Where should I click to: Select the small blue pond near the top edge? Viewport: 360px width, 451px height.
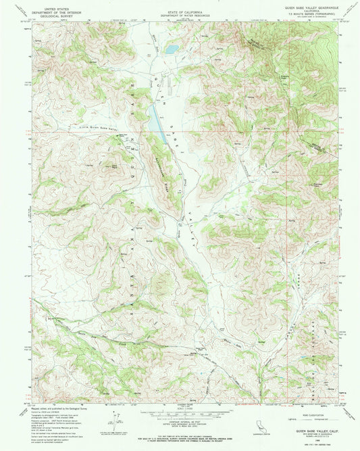point(172,49)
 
